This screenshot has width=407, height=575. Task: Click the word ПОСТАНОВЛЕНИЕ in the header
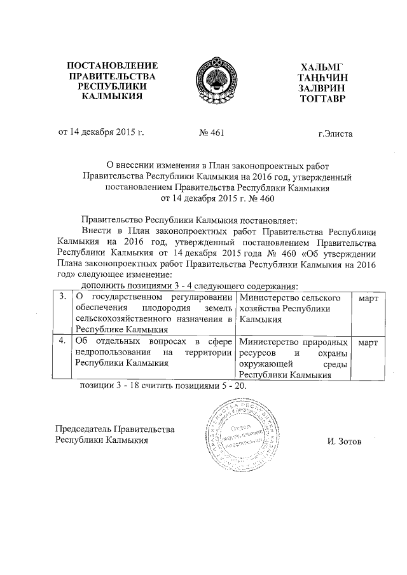(112, 66)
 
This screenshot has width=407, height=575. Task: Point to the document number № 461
(212, 134)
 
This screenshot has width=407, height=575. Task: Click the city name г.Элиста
(335, 135)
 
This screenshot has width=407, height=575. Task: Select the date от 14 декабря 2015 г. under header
(102, 134)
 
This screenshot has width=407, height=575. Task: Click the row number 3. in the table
(62, 297)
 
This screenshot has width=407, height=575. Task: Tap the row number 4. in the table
(62, 342)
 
